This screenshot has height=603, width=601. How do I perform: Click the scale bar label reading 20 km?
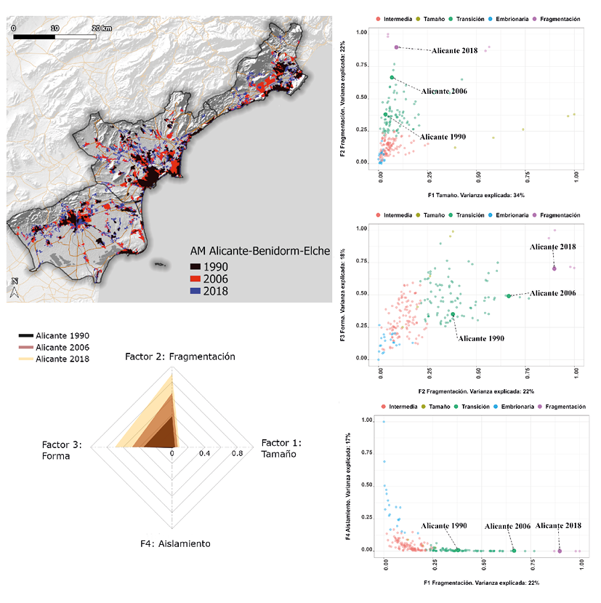(101, 27)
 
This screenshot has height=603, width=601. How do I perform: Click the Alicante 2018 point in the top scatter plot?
(397, 47)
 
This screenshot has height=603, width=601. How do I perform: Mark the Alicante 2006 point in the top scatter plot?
(392, 77)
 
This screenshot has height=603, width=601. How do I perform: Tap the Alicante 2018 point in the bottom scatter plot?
(560, 551)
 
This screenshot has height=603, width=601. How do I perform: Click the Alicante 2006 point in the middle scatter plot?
(509, 296)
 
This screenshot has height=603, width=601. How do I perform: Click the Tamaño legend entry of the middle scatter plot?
(433, 215)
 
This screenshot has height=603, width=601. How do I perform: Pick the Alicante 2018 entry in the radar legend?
(62, 359)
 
